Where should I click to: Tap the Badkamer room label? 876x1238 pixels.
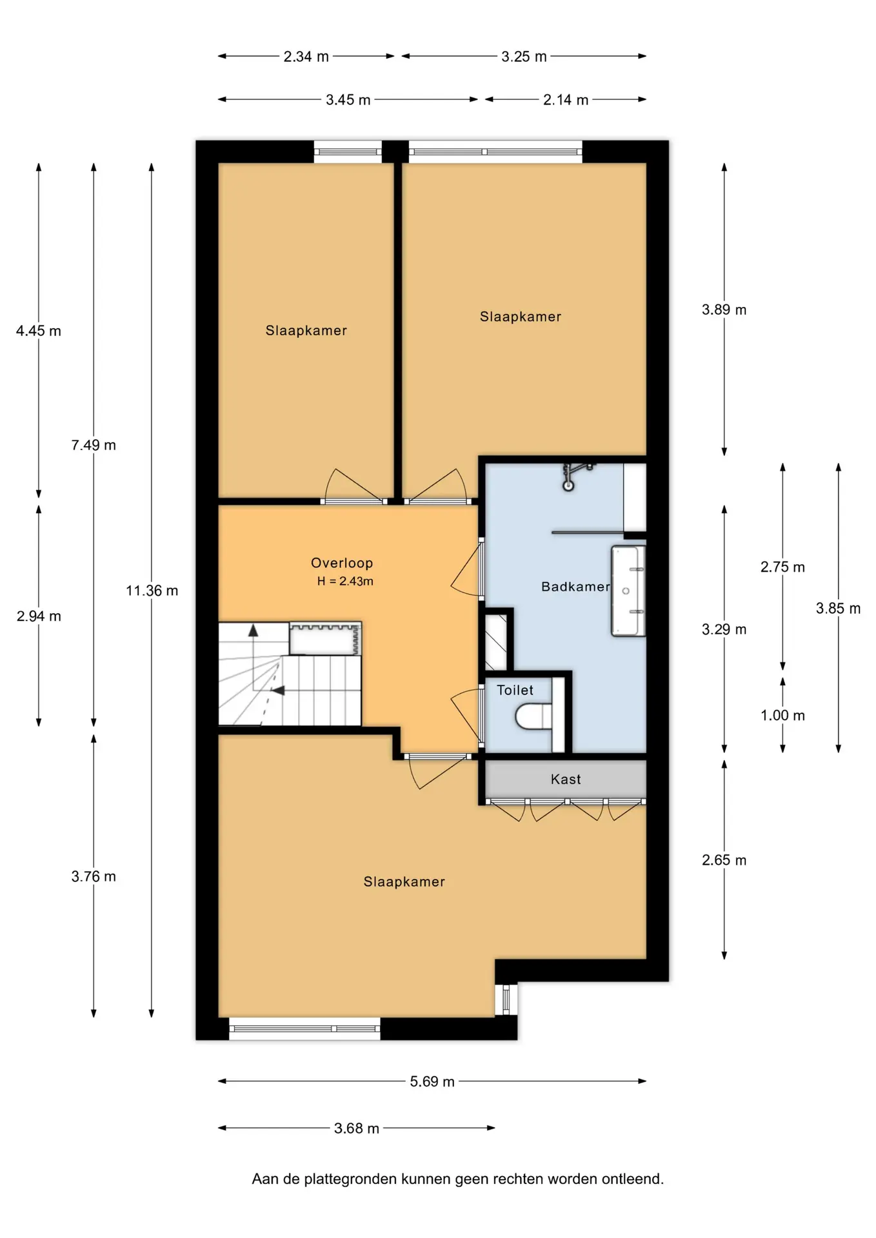tap(575, 587)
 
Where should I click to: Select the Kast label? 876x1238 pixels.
tap(566, 780)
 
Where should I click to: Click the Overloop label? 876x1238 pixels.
tap(342, 563)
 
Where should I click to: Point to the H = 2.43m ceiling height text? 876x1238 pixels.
tap(345, 581)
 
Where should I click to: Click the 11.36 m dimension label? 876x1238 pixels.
tap(152, 591)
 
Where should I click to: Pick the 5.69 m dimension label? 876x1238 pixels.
tap(432, 1081)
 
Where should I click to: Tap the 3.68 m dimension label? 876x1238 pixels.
tap(357, 1128)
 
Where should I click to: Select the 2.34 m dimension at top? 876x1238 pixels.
tap(306, 57)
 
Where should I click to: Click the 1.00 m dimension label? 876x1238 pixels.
tap(782, 715)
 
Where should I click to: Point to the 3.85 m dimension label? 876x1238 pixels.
tap(838, 608)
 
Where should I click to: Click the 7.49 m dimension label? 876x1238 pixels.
tap(94, 445)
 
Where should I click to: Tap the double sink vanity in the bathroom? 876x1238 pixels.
tap(628, 591)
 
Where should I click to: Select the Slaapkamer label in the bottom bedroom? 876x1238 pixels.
tap(404, 882)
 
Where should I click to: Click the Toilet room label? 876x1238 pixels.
tap(515, 690)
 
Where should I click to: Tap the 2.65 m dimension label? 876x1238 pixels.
tap(724, 860)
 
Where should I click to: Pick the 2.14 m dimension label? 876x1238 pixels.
tap(566, 100)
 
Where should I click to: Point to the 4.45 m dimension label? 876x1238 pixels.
tap(39, 331)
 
